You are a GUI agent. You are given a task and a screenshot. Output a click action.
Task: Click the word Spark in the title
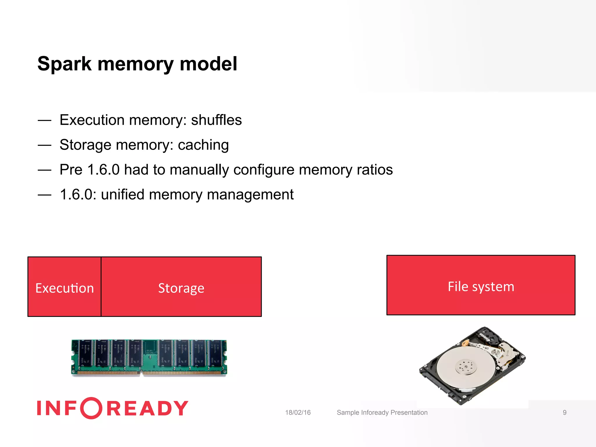point(64,64)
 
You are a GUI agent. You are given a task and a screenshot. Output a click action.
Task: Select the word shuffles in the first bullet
point(216,120)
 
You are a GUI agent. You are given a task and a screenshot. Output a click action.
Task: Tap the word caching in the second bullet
point(203,145)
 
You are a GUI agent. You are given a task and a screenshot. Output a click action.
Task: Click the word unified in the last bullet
point(123,194)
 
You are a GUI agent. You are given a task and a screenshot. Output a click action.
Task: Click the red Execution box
point(64,287)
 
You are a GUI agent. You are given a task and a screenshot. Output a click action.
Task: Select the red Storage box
point(181,287)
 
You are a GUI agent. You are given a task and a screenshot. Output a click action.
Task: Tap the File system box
point(481,285)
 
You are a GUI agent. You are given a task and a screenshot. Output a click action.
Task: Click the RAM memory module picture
point(149,358)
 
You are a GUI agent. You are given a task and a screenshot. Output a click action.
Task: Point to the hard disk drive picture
point(472,366)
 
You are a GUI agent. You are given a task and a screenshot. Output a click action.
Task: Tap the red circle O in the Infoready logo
point(91,408)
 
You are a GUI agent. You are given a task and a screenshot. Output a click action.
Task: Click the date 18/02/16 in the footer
point(298,412)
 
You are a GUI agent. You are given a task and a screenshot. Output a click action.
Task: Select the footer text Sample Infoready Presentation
point(382,412)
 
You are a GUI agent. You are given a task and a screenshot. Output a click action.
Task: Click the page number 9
point(564,412)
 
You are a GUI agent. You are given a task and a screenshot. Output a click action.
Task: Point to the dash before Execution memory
point(45,120)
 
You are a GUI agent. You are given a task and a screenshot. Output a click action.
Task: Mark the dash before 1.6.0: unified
point(45,195)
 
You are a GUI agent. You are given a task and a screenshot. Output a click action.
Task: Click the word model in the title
point(208,64)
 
